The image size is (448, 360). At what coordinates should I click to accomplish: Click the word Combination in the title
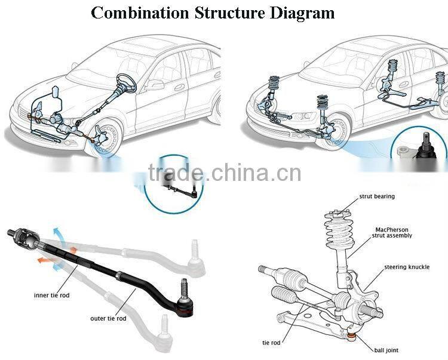[x=140, y=13]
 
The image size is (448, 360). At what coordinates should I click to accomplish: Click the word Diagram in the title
[x=303, y=13]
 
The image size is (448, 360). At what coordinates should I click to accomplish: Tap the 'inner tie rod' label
[x=51, y=296]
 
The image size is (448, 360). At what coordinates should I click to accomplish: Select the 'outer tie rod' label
[x=108, y=318]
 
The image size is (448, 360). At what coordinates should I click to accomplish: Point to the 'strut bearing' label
[x=376, y=196]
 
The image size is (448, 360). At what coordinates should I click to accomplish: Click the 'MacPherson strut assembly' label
[x=393, y=232]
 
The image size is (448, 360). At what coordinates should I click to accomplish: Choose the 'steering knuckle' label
[x=407, y=267]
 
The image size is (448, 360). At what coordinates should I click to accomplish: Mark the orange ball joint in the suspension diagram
[x=352, y=338]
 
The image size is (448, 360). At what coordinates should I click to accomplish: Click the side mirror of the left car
[x=157, y=84]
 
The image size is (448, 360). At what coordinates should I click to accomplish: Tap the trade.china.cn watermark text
[x=225, y=173]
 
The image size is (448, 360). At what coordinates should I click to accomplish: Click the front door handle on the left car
[x=179, y=87]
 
